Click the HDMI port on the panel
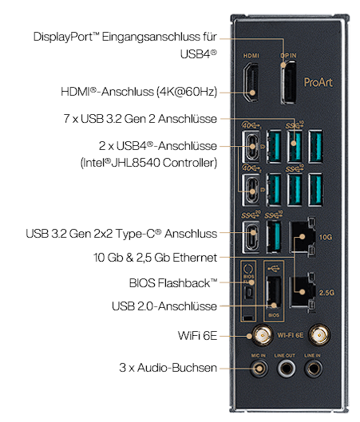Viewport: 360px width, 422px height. click(x=251, y=82)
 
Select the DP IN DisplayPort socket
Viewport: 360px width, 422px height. click(x=288, y=82)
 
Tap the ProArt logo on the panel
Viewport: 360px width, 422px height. click(x=318, y=82)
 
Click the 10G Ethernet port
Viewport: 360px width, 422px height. click(x=302, y=236)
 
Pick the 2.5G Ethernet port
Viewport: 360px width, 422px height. click(x=302, y=292)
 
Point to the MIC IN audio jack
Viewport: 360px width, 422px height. click(x=259, y=369)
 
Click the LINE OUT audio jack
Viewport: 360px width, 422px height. click(x=286, y=369)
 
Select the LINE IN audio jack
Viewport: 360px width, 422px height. click(x=313, y=369)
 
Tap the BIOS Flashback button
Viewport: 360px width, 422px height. click(x=249, y=293)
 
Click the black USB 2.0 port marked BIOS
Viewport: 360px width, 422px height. click(x=274, y=293)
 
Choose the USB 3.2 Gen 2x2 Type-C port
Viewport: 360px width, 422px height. click(x=251, y=237)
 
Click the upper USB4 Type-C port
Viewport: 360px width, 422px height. click(x=251, y=147)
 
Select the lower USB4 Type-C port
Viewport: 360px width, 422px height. click(x=251, y=191)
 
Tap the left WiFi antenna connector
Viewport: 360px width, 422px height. click(x=263, y=335)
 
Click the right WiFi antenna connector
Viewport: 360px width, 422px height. click(x=319, y=335)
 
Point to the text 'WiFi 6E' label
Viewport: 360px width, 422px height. click(x=197, y=336)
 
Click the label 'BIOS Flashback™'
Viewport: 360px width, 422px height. click(x=173, y=283)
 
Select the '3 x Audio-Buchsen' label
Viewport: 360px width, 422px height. click(x=168, y=368)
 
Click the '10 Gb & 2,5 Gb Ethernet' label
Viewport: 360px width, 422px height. click(x=155, y=258)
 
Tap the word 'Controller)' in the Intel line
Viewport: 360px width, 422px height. click(x=190, y=163)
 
